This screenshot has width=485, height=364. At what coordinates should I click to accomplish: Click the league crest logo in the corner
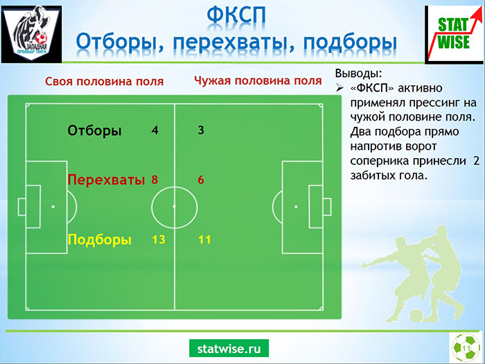pyautogui.click(x=31, y=34)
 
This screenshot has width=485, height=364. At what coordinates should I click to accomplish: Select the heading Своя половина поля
pyautogui.click(x=104, y=81)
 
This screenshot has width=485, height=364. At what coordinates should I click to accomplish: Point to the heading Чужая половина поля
pyautogui.click(x=258, y=80)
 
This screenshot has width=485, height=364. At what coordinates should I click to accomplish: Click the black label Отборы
pyautogui.click(x=95, y=130)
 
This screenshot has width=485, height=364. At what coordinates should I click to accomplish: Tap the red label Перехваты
pyautogui.click(x=107, y=180)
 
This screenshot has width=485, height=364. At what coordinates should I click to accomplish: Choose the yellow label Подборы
pyautogui.click(x=100, y=240)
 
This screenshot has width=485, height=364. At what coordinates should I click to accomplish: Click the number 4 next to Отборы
pyautogui.click(x=155, y=130)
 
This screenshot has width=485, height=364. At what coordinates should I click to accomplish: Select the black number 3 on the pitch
pyautogui.click(x=201, y=130)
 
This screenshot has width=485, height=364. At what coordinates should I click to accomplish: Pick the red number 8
pyautogui.click(x=155, y=180)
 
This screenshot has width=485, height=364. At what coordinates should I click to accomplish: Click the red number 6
pyautogui.click(x=201, y=180)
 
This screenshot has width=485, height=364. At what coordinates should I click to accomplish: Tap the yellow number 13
pyautogui.click(x=159, y=240)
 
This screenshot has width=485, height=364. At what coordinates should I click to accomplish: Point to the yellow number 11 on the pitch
pyautogui.click(x=205, y=240)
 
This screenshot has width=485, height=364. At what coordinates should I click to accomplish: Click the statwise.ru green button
pyautogui.click(x=229, y=349)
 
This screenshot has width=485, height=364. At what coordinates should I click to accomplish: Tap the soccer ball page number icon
pyautogui.click(x=466, y=347)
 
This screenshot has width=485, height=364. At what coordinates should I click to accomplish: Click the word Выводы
pyautogui.click(x=359, y=73)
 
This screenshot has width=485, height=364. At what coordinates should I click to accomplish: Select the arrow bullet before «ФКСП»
pyautogui.click(x=339, y=89)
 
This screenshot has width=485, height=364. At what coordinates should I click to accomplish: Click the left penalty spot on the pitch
pyautogui.click(x=53, y=207)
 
